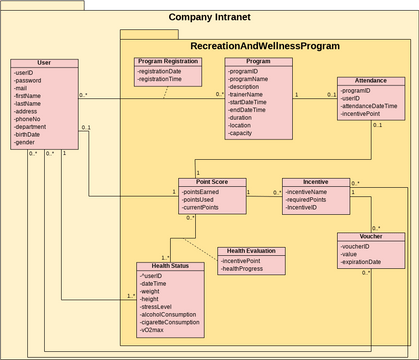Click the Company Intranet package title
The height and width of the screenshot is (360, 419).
(209, 17)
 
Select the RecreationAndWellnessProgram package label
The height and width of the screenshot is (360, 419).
(265, 46)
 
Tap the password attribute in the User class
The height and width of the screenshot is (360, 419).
(29, 82)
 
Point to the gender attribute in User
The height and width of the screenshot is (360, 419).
(25, 142)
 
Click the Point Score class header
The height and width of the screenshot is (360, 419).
(212, 182)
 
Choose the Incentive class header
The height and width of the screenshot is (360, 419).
(316, 182)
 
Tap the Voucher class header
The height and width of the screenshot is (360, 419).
(370, 236)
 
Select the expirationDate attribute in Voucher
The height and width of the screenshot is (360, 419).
(366, 262)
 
